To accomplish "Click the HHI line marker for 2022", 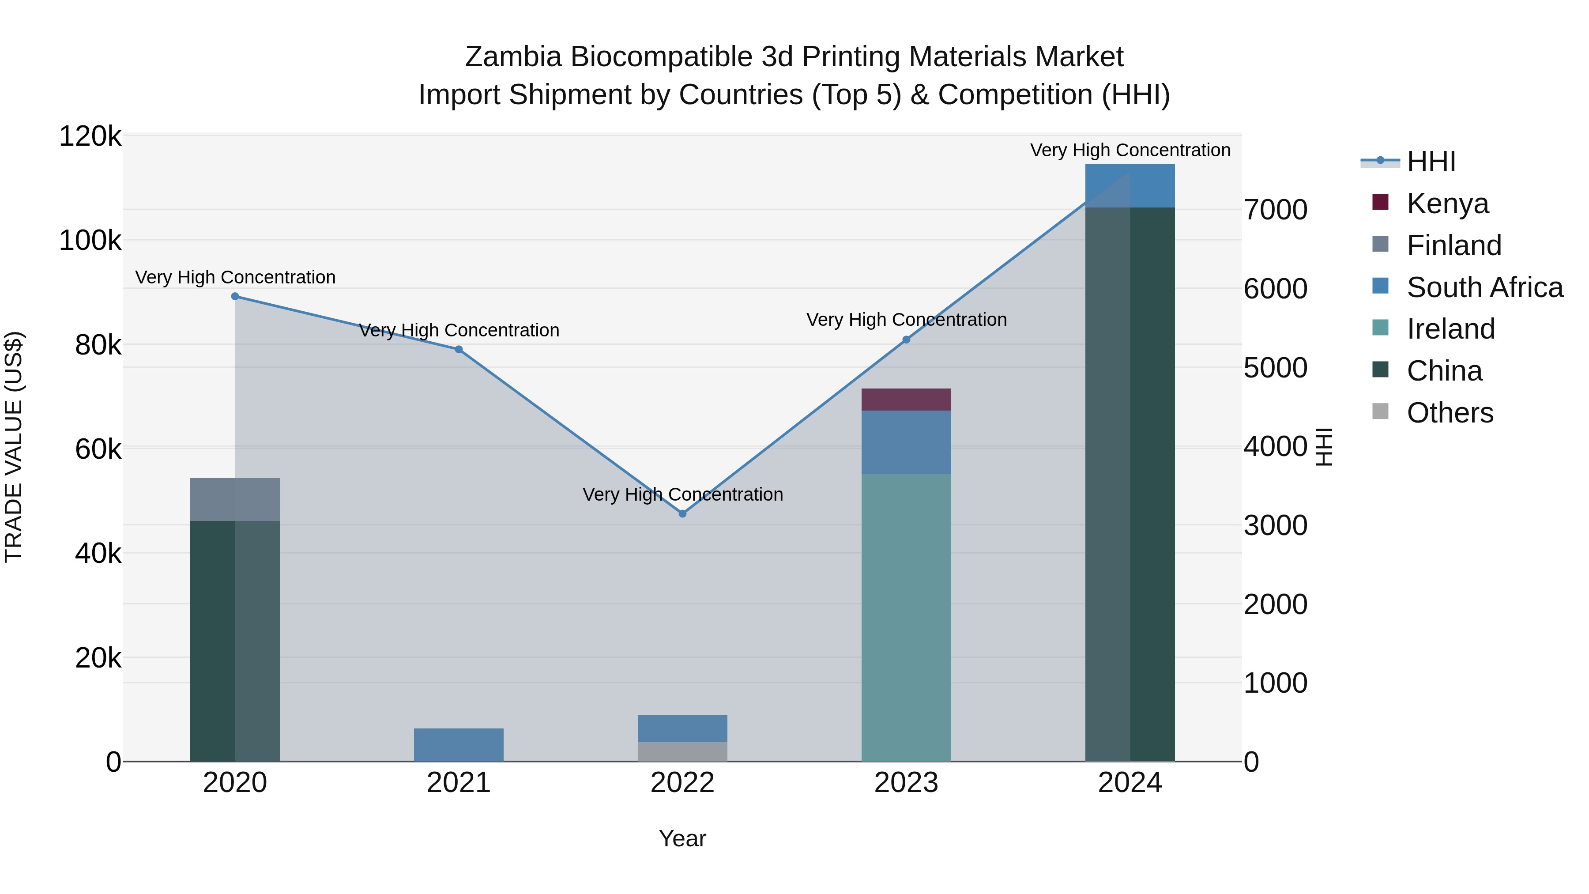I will point(682,513).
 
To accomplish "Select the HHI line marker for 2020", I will point(235,296).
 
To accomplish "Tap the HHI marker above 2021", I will point(458,349).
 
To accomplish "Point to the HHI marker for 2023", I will point(906,339).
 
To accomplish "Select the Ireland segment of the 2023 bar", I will point(906,617).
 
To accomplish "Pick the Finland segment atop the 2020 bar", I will point(235,499).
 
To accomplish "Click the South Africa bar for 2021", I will point(458,745).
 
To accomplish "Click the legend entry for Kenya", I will point(1447,203).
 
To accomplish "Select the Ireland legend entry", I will point(1450,329).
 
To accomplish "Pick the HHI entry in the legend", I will point(1431,162).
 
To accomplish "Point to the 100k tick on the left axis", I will point(90,240).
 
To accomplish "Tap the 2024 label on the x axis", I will point(1130,783).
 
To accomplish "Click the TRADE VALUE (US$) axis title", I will point(14,447).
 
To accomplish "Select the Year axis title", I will point(682,838).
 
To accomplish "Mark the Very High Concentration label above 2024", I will point(1130,150).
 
